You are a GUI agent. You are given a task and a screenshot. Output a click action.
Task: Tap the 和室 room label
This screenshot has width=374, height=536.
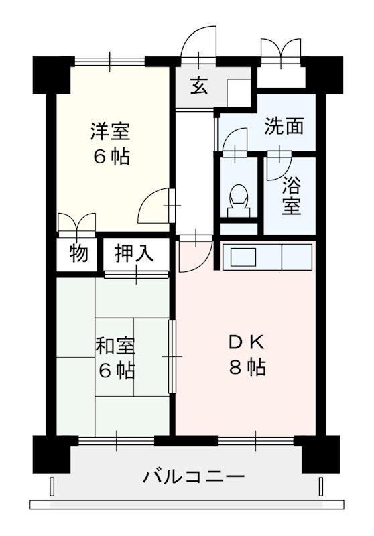pyautogui.click(x=115, y=346)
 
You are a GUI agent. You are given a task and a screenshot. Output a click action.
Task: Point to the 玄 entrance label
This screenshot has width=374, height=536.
pyautogui.click(x=198, y=87)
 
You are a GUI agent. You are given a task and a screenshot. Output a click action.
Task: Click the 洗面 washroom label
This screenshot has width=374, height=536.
pyautogui.click(x=284, y=126)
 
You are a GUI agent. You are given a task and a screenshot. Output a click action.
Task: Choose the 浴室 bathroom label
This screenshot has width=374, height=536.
pyautogui.click(x=291, y=194)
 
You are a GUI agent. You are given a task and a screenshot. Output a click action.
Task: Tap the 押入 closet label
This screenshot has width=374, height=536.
pyautogui.click(x=135, y=253)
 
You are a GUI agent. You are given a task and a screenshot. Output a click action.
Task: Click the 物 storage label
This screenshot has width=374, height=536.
pyautogui.click(x=78, y=254)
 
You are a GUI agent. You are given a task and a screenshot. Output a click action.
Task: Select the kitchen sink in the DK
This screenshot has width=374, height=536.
pyautogui.click(x=242, y=256)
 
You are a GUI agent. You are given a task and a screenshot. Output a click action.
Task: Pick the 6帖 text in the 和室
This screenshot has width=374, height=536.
pyautogui.click(x=115, y=371)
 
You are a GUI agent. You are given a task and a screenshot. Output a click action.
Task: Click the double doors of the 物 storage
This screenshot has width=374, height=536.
pyautogui.click(x=76, y=223)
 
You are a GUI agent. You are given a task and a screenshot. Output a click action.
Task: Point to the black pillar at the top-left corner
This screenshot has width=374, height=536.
pyautogui.click(x=52, y=74)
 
